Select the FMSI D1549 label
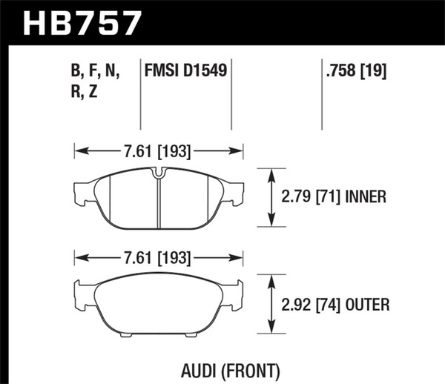coord(185,71)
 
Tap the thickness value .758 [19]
coord(356,71)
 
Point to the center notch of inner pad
coord(159,175)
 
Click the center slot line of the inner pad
coord(159,204)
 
